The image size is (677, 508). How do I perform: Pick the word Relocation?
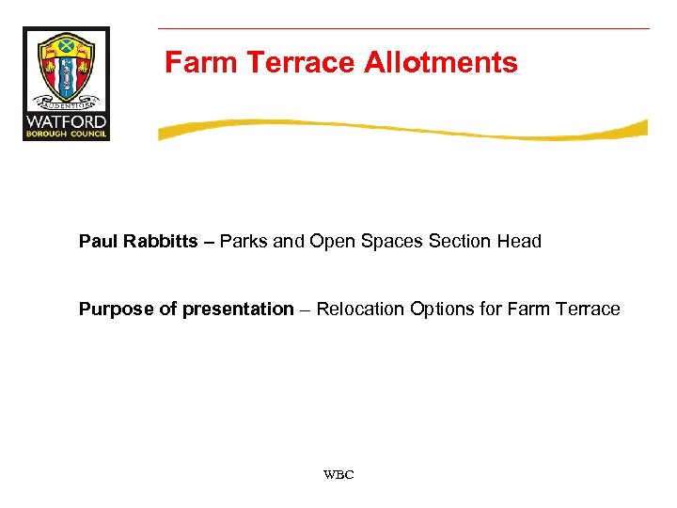coord(360,310)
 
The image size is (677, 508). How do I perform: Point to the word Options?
coord(440,310)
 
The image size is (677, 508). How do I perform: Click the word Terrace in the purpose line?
coord(587,310)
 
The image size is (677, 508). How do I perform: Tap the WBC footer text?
coord(338,475)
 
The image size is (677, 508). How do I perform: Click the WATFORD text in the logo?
coord(66,121)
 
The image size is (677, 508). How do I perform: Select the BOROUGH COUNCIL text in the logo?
coord(66,134)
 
